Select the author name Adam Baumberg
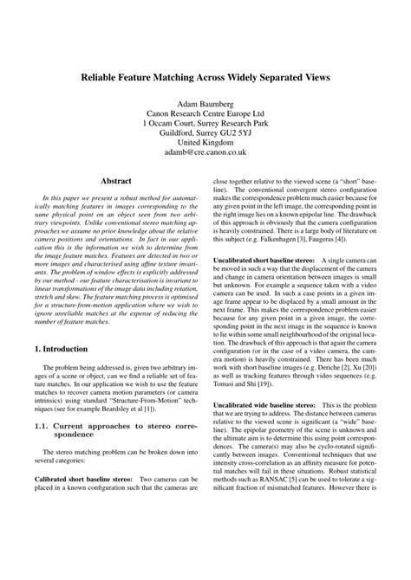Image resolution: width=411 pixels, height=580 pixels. pos(205,103)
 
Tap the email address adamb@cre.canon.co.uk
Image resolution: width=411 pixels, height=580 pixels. pos(205,152)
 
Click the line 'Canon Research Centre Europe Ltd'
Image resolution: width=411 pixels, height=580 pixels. pos(205,115)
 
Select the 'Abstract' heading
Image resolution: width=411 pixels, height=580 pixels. pos(116,182)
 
